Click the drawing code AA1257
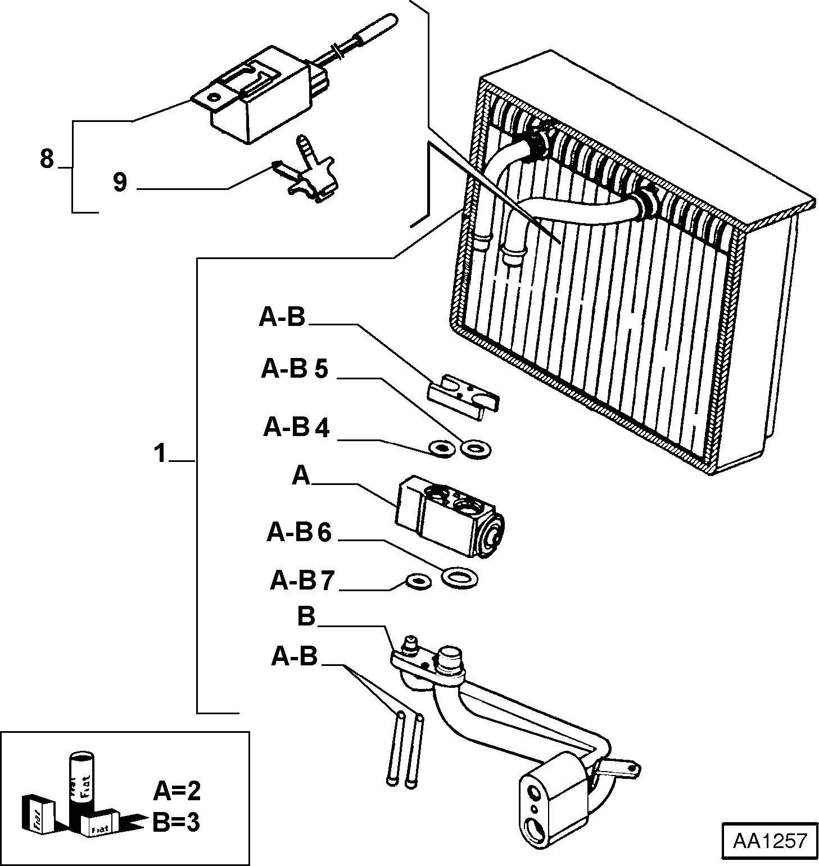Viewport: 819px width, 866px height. pos(770,841)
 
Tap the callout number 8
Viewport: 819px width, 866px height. pos(47,159)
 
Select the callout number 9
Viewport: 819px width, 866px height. pos(120,182)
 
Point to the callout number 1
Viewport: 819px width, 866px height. pos(161,453)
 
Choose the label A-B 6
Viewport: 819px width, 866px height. pos(300,532)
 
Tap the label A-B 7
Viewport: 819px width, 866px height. pos(303,581)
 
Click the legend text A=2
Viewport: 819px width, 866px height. pos(177,791)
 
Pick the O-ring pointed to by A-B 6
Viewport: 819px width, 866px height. pos(459,578)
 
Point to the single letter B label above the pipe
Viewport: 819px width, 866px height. pos(306,616)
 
